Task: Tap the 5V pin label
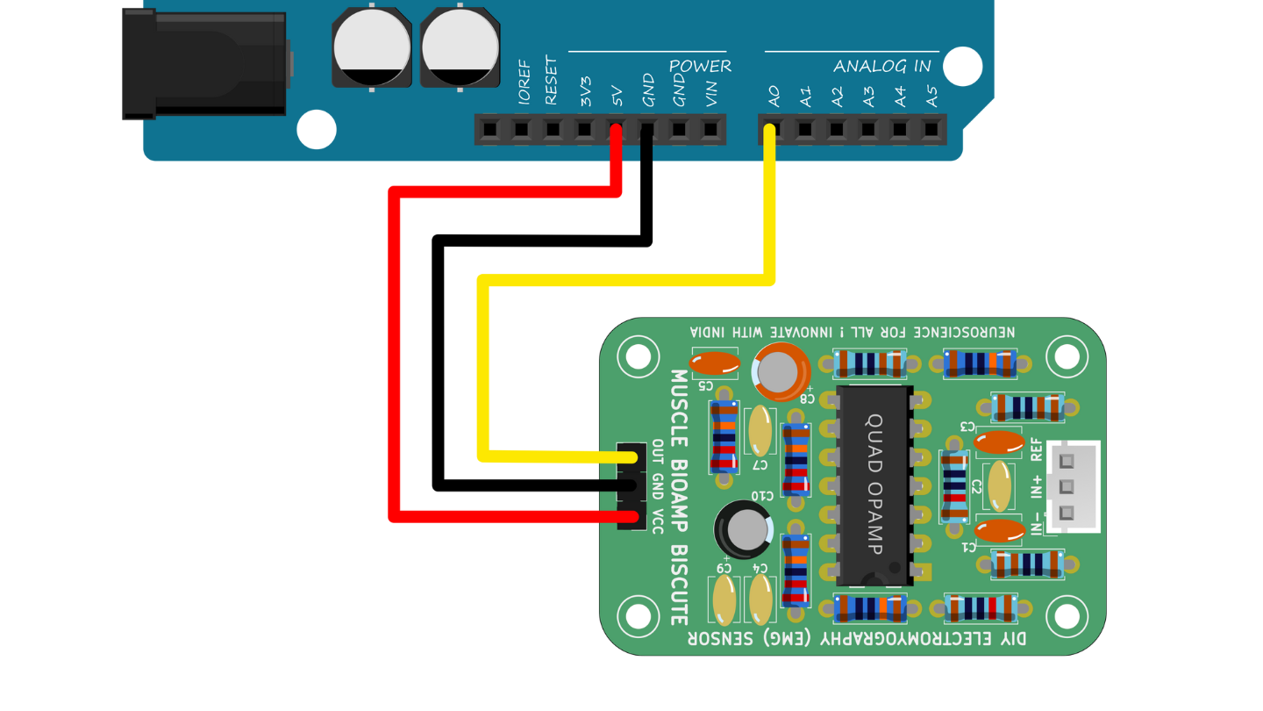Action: pos(617,96)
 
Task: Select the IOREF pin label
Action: pos(524,88)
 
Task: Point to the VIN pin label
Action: pos(711,94)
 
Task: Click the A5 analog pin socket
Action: pos(931,131)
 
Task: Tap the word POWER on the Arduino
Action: pos(700,67)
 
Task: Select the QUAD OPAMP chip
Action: pos(874,485)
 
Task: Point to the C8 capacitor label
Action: pos(806,398)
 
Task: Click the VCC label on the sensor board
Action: pos(658,522)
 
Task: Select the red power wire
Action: pos(395,351)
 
